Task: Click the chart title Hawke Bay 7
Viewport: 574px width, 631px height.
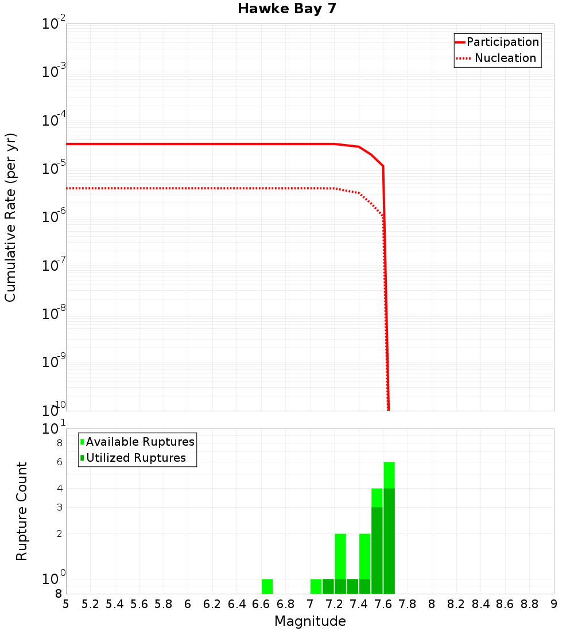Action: coord(286,9)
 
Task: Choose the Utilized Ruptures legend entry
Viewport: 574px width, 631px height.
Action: coord(135,458)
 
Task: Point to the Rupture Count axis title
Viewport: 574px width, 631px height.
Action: coord(22,511)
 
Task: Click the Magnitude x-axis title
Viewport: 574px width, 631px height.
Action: coord(310,621)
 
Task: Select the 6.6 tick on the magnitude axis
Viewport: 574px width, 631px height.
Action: coord(261,604)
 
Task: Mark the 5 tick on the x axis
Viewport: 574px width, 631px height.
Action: coord(66,604)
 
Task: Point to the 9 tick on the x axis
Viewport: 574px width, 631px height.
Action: coord(554,604)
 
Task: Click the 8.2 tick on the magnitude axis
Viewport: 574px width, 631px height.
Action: coord(456,604)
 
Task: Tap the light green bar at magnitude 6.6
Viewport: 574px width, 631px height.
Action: coord(267,586)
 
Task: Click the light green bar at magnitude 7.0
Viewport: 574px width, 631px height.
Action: coord(316,586)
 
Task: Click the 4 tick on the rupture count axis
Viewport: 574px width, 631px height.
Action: coord(58,488)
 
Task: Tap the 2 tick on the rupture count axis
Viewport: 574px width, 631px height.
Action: coord(58,533)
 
